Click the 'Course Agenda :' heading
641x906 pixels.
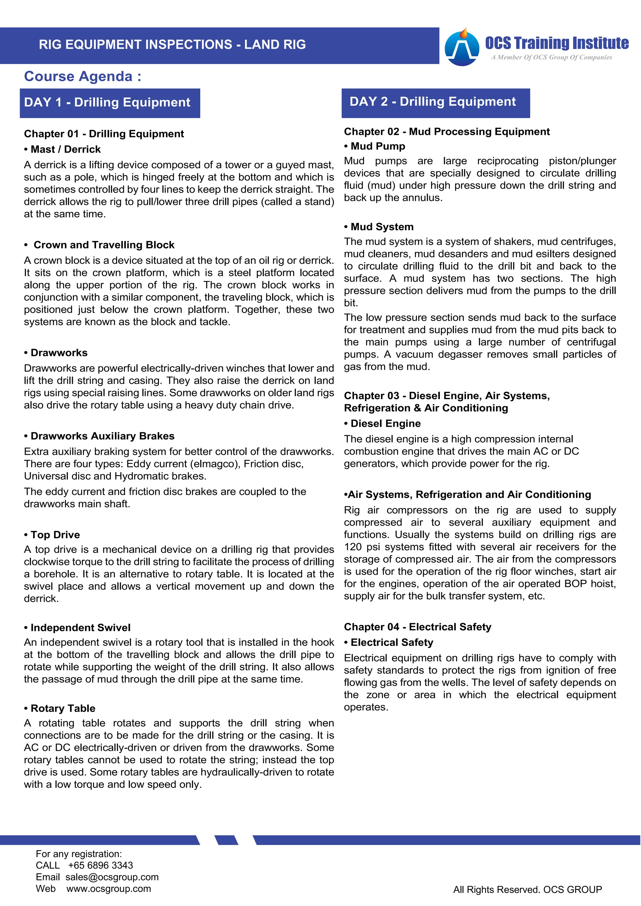point(83,76)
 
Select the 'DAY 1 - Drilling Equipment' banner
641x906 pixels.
point(110,103)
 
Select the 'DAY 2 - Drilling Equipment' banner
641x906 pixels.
point(435,102)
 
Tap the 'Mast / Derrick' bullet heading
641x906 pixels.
point(65,149)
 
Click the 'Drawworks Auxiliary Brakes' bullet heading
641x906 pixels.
point(102,436)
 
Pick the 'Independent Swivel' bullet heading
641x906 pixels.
point(80,628)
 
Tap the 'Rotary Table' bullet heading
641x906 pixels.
point(63,708)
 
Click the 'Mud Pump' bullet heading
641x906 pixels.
point(378,146)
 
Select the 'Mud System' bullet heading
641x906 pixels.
point(382,227)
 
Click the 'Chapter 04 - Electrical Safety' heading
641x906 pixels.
point(418,627)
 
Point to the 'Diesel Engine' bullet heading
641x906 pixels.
point(385,423)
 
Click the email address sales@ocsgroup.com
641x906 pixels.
point(112,877)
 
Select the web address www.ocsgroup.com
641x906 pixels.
point(109,889)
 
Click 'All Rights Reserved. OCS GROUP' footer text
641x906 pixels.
point(527,890)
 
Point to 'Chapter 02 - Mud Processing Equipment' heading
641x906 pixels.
point(447,131)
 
